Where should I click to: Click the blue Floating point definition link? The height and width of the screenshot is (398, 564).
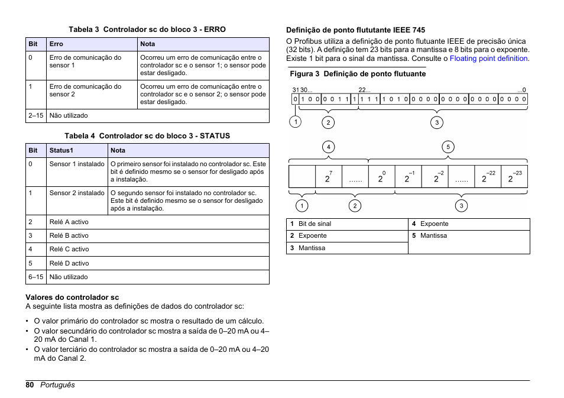pyautogui.click(x=488, y=59)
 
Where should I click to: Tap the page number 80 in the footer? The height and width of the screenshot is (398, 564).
pyautogui.click(x=30, y=385)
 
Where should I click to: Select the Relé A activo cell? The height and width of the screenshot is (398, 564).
pyautogui.click(x=69, y=222)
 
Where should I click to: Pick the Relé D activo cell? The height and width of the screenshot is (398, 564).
pyautogui.click(x=69, y=263)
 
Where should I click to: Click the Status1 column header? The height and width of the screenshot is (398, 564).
pyautogui.click(x=61, y=150)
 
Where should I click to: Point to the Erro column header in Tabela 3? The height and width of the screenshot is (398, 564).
pyautogui.click(x=56, y=44)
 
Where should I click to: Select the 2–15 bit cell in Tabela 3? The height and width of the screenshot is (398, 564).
pyautogui.click(x=35, y=115)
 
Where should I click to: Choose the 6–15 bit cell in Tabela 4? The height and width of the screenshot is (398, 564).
pyautogui.click(x=35, y=277)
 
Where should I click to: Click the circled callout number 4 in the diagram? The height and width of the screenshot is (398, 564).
pyautogui.click(x=328, y=147)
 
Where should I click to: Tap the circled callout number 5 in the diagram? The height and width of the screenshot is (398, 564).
pyautogui.click(x=448, y=147)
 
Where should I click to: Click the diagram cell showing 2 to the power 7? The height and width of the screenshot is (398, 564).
pyautogui.click(x=329, y=177)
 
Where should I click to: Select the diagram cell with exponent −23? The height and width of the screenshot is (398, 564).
pyautogui.click(x=514, y=177)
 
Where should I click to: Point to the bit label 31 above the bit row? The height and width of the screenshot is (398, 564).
pyautogui.click(x=295, y=90)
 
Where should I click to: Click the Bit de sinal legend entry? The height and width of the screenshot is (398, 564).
pyautogui.click(x=315, y=224)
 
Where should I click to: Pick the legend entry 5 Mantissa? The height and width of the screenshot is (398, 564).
pyautogui.click(x=433, y=235)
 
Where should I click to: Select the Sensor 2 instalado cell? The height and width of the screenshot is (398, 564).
pyautogui.click(x=77, y=193)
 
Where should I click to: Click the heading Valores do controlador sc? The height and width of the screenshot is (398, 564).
pyautogui.click(x=72, y=297)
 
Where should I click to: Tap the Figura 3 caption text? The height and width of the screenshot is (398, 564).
pyautogui.click(x=357, y=74)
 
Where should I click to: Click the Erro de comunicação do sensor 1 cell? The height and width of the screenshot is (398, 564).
pyautogui.click(x=85, y=62)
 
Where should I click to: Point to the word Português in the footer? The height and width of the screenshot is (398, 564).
pyautogui.click(x=57, y=385)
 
